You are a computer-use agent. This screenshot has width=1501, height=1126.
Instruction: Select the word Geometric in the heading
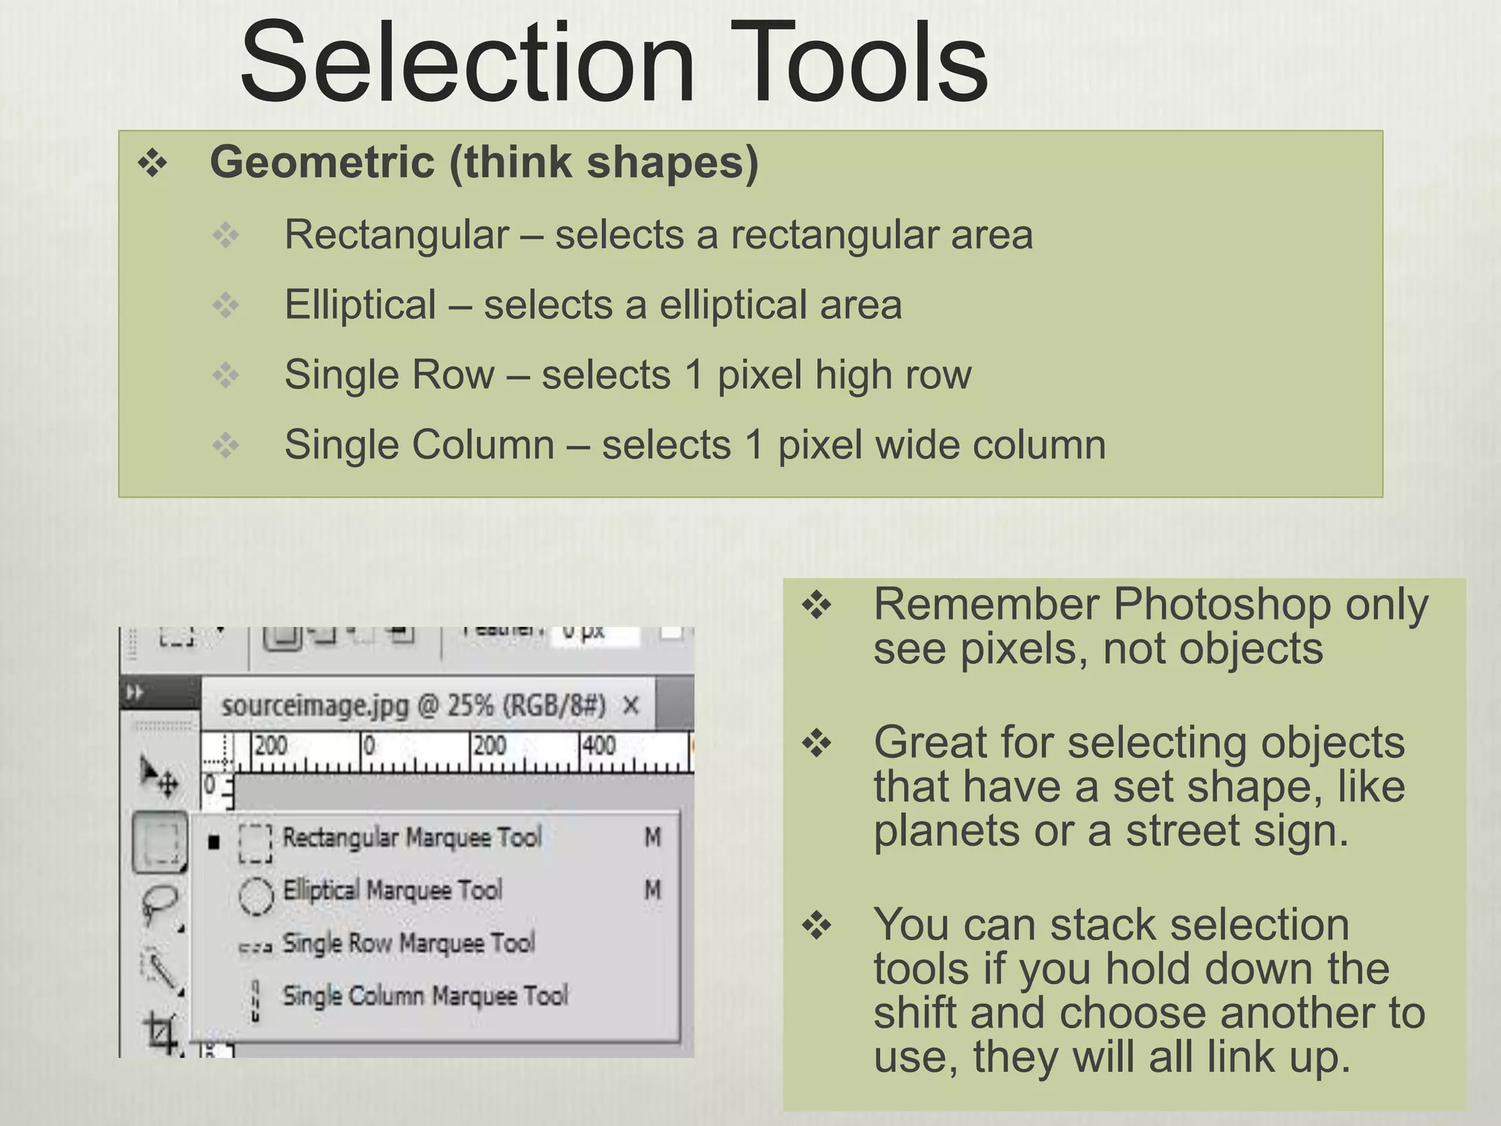click(322, 162)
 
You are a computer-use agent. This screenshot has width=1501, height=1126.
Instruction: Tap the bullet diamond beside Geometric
click(152, 163)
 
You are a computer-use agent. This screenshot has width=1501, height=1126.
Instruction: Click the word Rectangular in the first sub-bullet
click(397, 235)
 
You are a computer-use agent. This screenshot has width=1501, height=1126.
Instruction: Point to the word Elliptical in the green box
click(360, 305)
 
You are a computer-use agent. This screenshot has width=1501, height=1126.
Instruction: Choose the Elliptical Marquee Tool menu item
click(392, 891)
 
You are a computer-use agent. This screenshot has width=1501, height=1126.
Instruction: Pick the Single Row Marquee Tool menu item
click(408, 943)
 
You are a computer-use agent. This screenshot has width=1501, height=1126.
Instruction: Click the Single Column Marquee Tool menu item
click(425, 996)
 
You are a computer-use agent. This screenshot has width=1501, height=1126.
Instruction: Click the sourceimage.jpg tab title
click(413, 706)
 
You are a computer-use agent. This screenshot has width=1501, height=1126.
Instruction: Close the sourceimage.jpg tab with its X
click(630, 706)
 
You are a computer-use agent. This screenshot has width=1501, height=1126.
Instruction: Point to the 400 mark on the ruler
click(598, 746)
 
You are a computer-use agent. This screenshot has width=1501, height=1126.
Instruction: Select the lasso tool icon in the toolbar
click(160, 902)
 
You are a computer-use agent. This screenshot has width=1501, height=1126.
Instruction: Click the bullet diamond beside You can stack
click(816, 926)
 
